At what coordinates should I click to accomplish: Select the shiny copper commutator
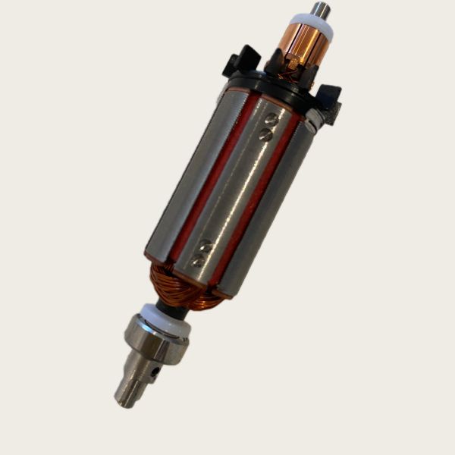(305, 45)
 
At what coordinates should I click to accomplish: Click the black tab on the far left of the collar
(240, 61)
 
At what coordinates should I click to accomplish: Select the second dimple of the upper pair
(265, 133)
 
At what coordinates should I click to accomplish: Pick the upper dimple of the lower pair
(205, 245)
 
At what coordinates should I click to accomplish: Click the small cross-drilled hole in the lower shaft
(155, 372)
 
